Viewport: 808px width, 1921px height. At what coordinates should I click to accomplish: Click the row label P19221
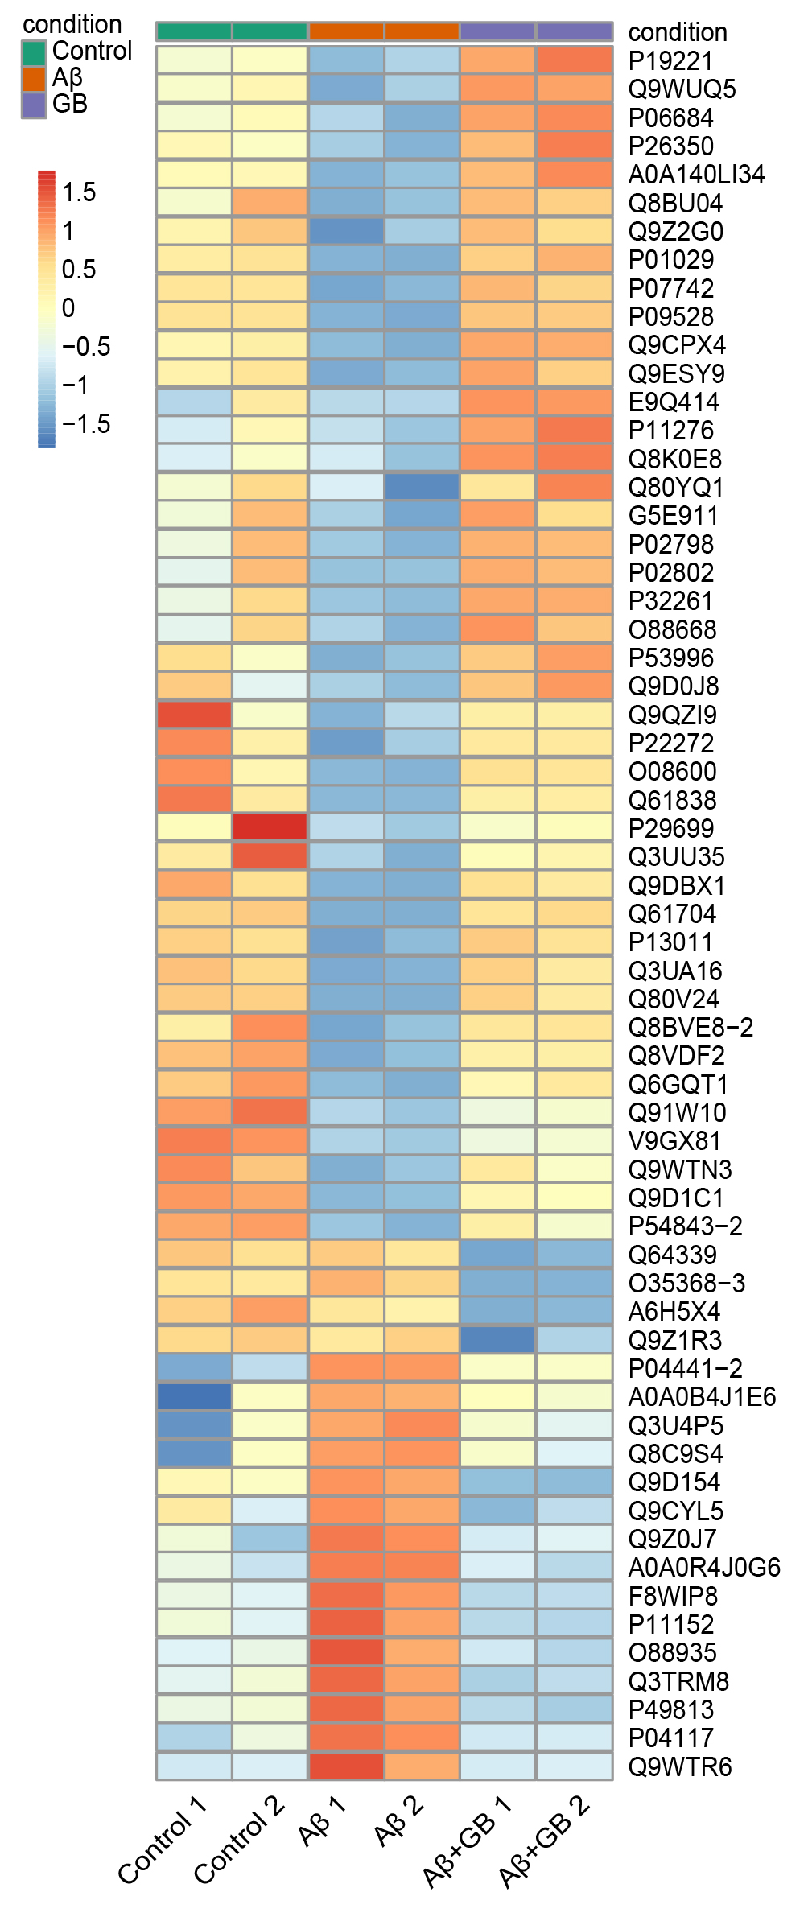670,61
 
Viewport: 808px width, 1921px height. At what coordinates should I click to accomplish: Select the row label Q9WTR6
680,1766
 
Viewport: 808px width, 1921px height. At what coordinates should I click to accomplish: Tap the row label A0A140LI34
696,175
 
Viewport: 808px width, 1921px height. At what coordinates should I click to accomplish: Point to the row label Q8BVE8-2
691,1028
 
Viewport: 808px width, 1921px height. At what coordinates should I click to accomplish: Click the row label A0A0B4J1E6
702,1397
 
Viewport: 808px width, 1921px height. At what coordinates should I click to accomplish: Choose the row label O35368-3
686,1284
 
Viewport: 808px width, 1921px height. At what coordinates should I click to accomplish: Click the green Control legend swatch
34,52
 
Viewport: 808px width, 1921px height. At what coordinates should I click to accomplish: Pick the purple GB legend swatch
34,105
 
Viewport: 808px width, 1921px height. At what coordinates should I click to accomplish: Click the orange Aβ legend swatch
34,79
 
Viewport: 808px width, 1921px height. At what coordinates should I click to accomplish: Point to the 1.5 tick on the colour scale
79,193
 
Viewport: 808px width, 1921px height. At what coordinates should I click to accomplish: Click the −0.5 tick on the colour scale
86,348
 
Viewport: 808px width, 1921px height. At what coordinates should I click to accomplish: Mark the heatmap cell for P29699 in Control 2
270,827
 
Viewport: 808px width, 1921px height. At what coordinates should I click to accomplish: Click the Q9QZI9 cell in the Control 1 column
194,714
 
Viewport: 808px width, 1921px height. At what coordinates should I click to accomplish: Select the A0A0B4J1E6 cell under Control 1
194,1396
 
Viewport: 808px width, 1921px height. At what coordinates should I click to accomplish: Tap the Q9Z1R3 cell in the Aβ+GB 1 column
497,1340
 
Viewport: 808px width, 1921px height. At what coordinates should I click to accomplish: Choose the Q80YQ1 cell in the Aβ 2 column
422,487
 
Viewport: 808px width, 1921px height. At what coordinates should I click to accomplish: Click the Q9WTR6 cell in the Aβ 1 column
346,1766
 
